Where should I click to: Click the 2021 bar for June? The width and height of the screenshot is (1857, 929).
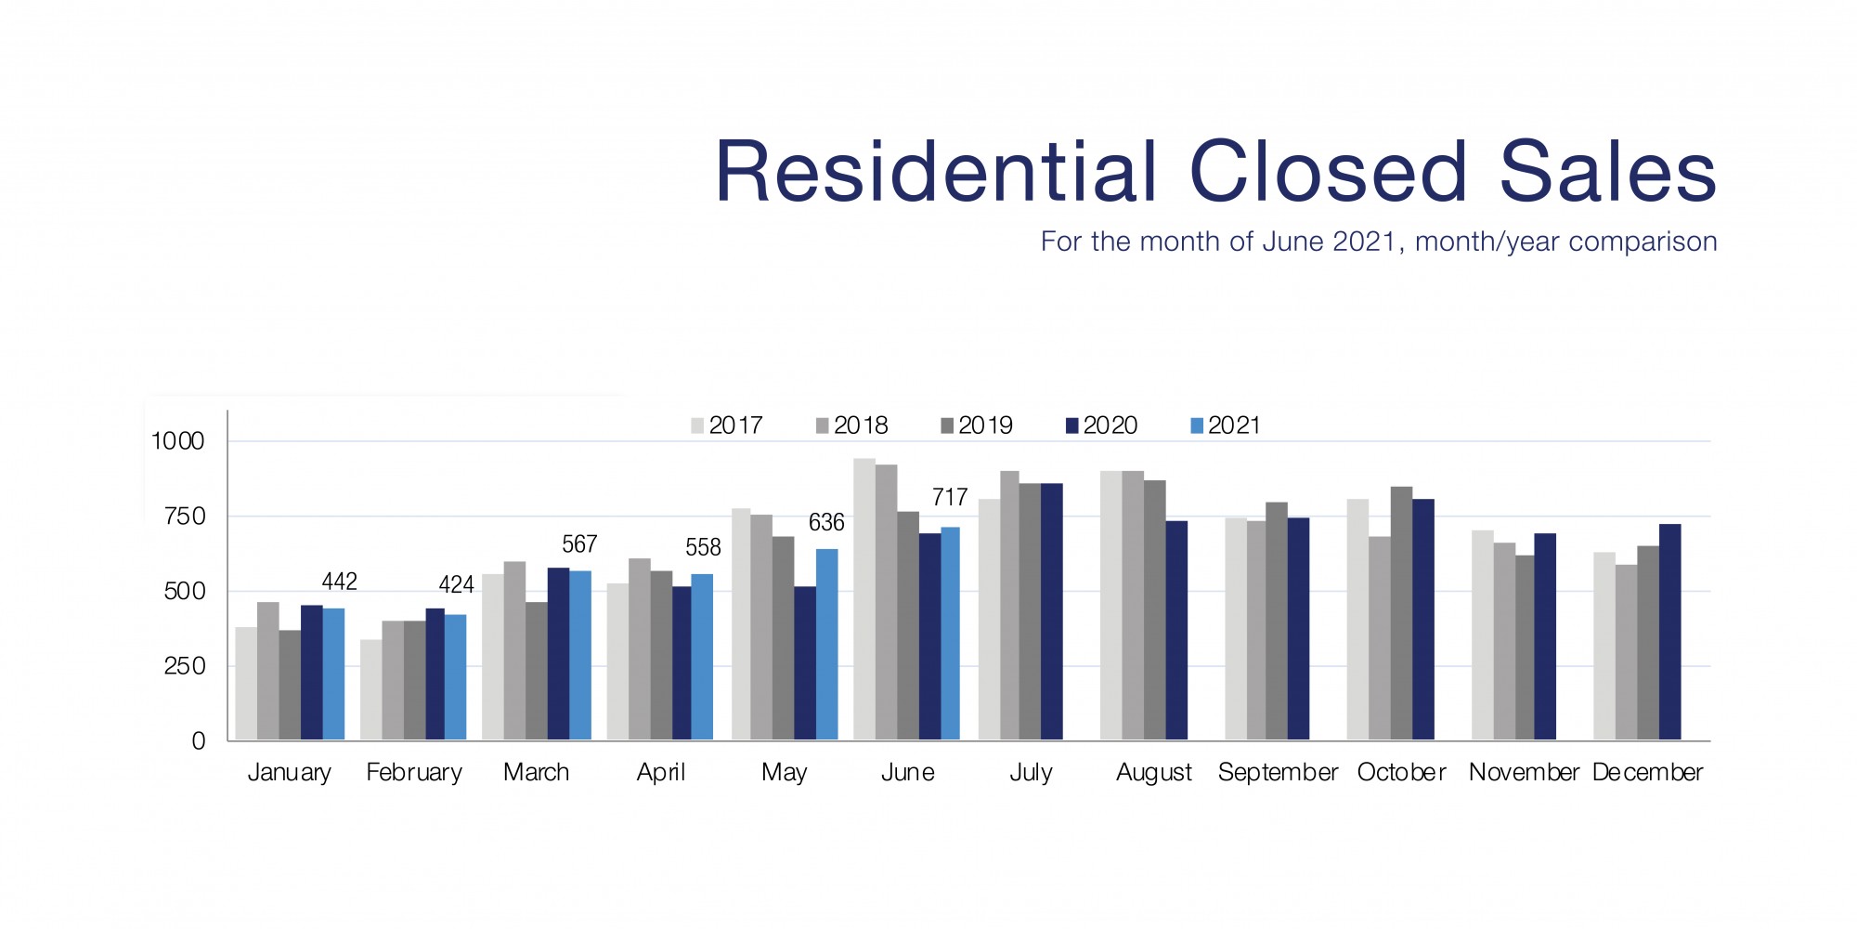tap(950, 634)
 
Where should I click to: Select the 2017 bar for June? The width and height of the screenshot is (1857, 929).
tap(864, 599)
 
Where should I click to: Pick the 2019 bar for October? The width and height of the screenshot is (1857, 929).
tap(1401, 613)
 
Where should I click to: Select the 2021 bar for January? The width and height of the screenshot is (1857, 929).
tap(333, 674)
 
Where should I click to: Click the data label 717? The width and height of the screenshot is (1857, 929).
tap(950, 498)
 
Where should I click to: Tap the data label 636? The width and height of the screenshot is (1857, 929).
tap(826, 523)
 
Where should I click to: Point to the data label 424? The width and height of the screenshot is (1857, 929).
tap(456, 585)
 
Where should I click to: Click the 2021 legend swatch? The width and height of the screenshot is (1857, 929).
tap(1197, 426)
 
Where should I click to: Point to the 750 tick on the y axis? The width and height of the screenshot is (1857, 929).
tap(184, 517)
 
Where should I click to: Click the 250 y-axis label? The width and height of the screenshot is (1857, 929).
tap(184, 666)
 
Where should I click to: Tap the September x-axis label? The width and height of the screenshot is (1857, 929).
tap(1278, 773)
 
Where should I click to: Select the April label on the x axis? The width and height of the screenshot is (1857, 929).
tap(660, 773)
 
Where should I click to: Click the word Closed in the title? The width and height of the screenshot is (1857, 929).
tap(1328, 173)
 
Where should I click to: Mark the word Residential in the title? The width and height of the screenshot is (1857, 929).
tap(937, 173)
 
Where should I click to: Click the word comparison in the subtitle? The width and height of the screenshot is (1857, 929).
tap(1643, 242)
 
